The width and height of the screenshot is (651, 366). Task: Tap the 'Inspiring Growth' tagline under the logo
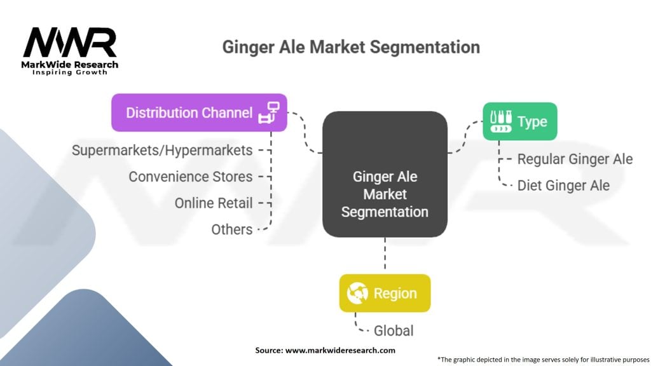[70, 72]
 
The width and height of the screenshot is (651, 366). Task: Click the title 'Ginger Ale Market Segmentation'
[350, 47]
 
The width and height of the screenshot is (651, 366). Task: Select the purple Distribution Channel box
[198, 112]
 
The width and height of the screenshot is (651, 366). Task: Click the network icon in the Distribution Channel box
[268, 112]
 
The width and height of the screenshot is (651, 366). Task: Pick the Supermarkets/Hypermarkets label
[162, 151]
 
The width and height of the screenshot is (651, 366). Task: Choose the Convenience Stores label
[190, 177]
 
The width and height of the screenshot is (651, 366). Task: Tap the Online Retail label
[213, 203]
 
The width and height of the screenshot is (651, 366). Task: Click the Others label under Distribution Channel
[231, 229]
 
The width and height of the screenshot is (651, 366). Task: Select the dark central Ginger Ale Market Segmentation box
[385, 175]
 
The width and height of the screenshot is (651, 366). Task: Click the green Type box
[519, 121]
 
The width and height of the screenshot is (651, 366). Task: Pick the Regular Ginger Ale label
[575, 159]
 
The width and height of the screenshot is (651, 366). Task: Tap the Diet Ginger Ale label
[563, 186]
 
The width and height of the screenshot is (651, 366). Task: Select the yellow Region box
[385, 293]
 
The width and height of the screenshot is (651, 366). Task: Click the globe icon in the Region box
[356, 294]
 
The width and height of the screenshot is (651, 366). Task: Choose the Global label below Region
[394, 330]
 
